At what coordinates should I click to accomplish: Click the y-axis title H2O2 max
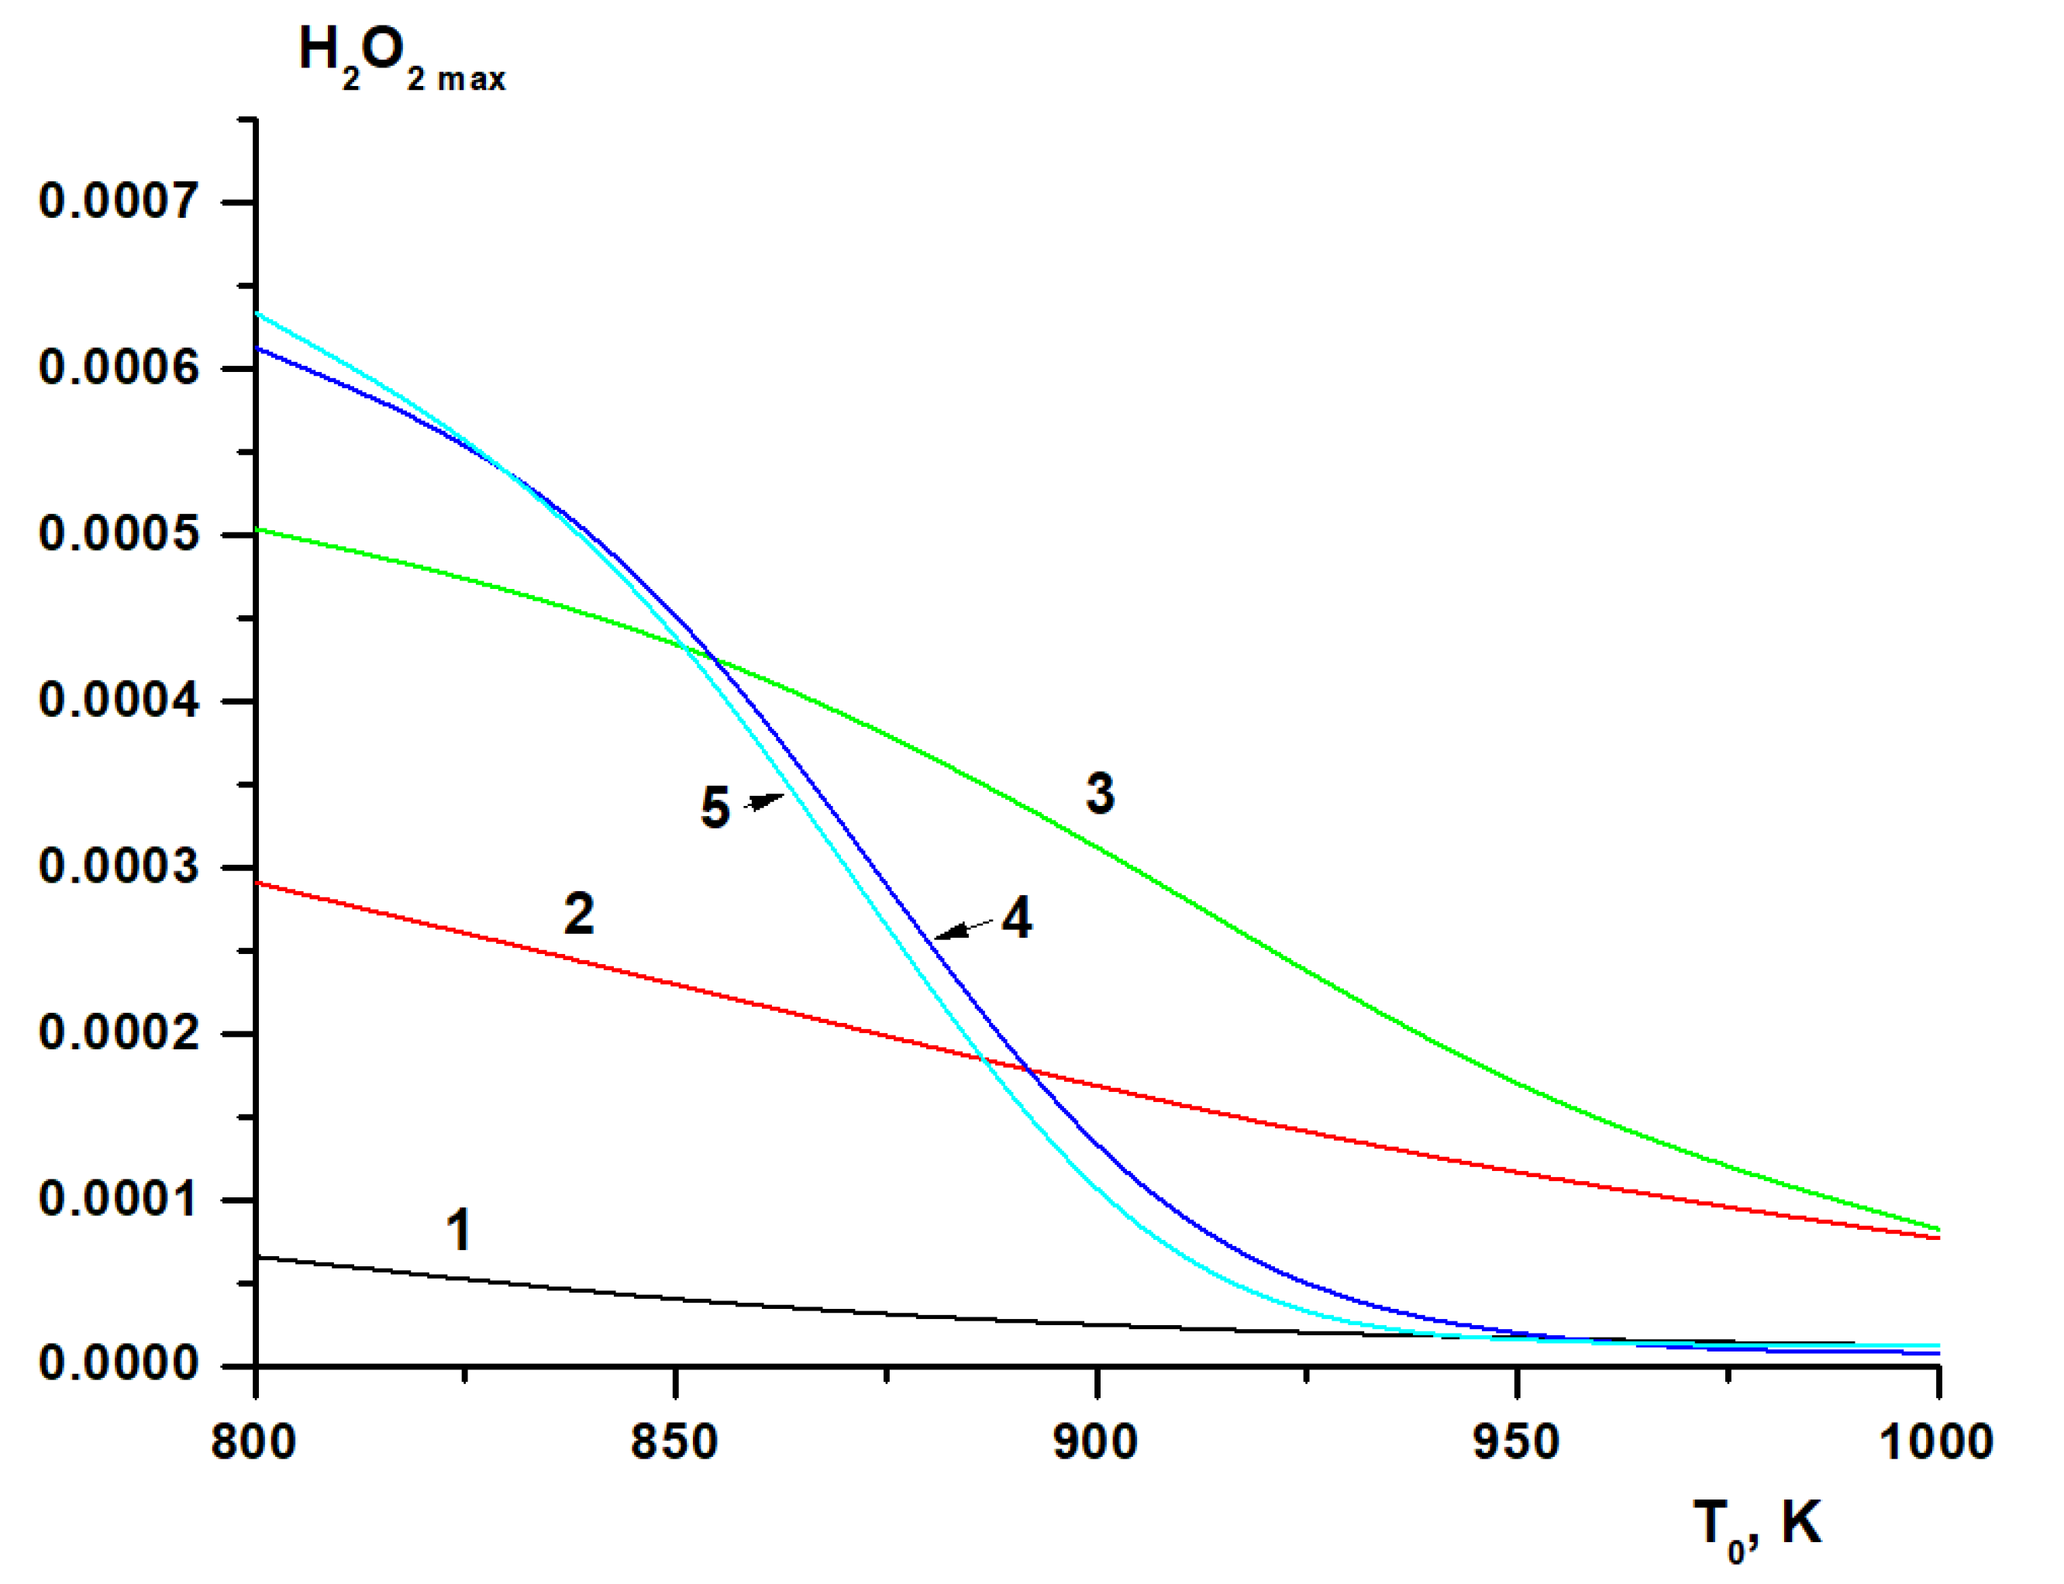(401, 58)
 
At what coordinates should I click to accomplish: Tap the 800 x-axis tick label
(253, 1444)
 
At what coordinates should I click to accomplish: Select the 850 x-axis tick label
(674, 1444)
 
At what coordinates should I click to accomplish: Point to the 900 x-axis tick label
(1094, 1444)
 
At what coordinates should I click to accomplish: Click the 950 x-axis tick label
(1516, 1444)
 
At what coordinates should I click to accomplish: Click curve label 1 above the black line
(458, 1231)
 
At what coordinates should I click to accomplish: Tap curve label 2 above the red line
(579, 914)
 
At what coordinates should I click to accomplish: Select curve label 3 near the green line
(1099, 793)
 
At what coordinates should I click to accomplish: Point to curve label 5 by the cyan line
(715, 808)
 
